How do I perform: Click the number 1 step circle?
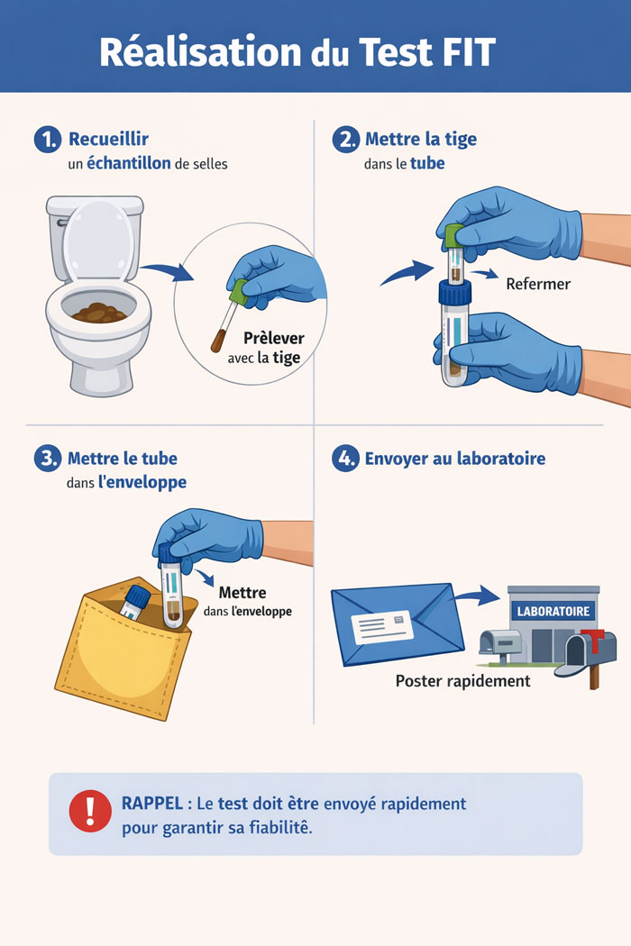coord(48,140)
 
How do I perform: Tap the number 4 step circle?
coord(345,459)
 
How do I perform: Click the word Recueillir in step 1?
coord(109,139)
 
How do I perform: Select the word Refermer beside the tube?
coord(538,284)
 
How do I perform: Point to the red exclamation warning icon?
coord(90,812)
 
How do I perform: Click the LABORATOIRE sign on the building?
coord(553,611)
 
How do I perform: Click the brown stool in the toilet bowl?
coord(99,314)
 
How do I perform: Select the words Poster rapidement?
coord(462,681)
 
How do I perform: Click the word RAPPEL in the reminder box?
coord(152,804)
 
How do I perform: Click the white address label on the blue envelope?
coord(382,627)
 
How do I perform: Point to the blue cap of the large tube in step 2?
coord(454,293)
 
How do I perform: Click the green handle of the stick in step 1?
coord(240,292)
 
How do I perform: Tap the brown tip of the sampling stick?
coord(217,341)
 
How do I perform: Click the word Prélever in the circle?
coord(273,338)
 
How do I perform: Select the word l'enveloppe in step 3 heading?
coord(142,483)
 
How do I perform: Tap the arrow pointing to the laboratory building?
coord(477,596)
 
